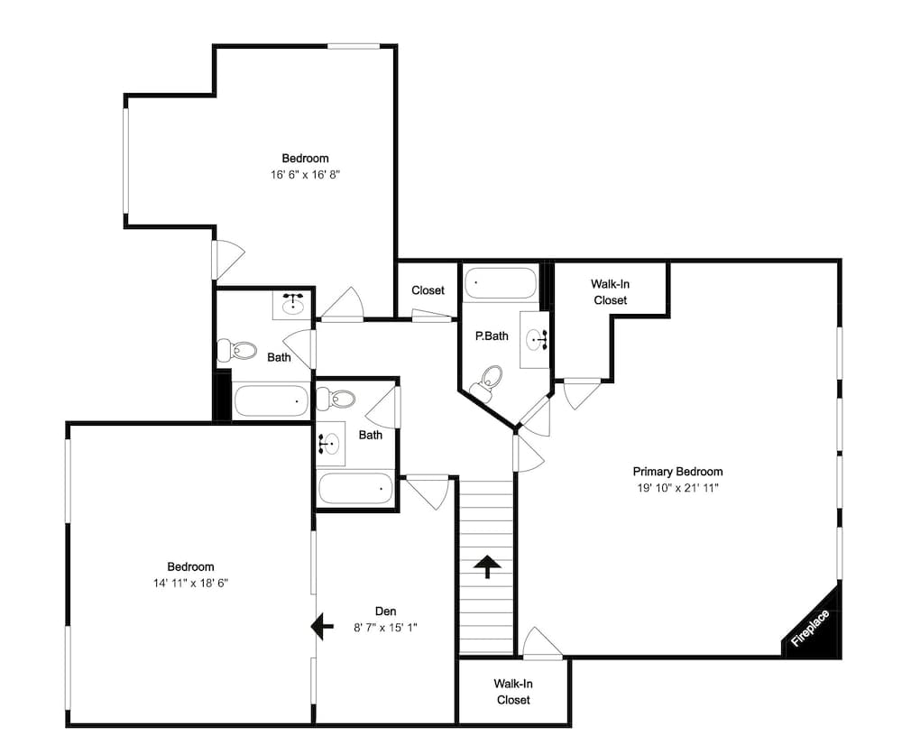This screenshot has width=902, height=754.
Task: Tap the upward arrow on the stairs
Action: pyautogui.click(x=487, y=566)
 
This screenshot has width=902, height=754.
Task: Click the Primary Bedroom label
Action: pyautogui.click(x=677, y=472)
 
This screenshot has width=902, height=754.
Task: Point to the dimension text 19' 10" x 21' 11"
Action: pyautogui.click(x=677, y=488)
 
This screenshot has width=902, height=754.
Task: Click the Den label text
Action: pyautogui.click(x=386, y=610)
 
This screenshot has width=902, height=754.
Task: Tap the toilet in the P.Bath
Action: pyautogui.click(x=488, y=381)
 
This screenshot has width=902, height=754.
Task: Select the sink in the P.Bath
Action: pyautogui.click(x=536, y=341)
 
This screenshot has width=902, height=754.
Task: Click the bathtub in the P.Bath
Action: pyautogui.click(x=500, y=283)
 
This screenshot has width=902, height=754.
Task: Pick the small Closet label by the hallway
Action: pyautogui.click(x=428, y=290)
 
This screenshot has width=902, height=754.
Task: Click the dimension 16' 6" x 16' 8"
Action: pyautogui.click(x=305, y=175)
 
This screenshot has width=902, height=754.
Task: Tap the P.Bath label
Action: pyautogui.click(x=492, y=336)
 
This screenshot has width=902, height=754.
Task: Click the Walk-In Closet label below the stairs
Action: pyautogui.click(x=512, y=692)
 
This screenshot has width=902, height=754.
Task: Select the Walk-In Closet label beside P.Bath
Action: pyautogui.click(x=610, y=292)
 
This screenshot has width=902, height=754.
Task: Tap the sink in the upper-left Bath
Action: pyautogui.click(x=292, y=305)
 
